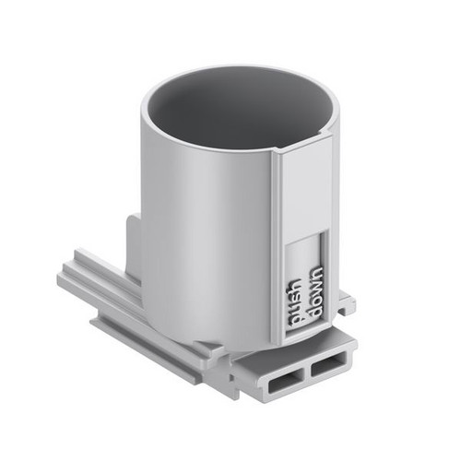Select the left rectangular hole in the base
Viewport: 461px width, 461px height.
(x=284, y=379)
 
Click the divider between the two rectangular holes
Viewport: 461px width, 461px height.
(x=306, y=372)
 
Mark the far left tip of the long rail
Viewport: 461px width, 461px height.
(x=57, y=276)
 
